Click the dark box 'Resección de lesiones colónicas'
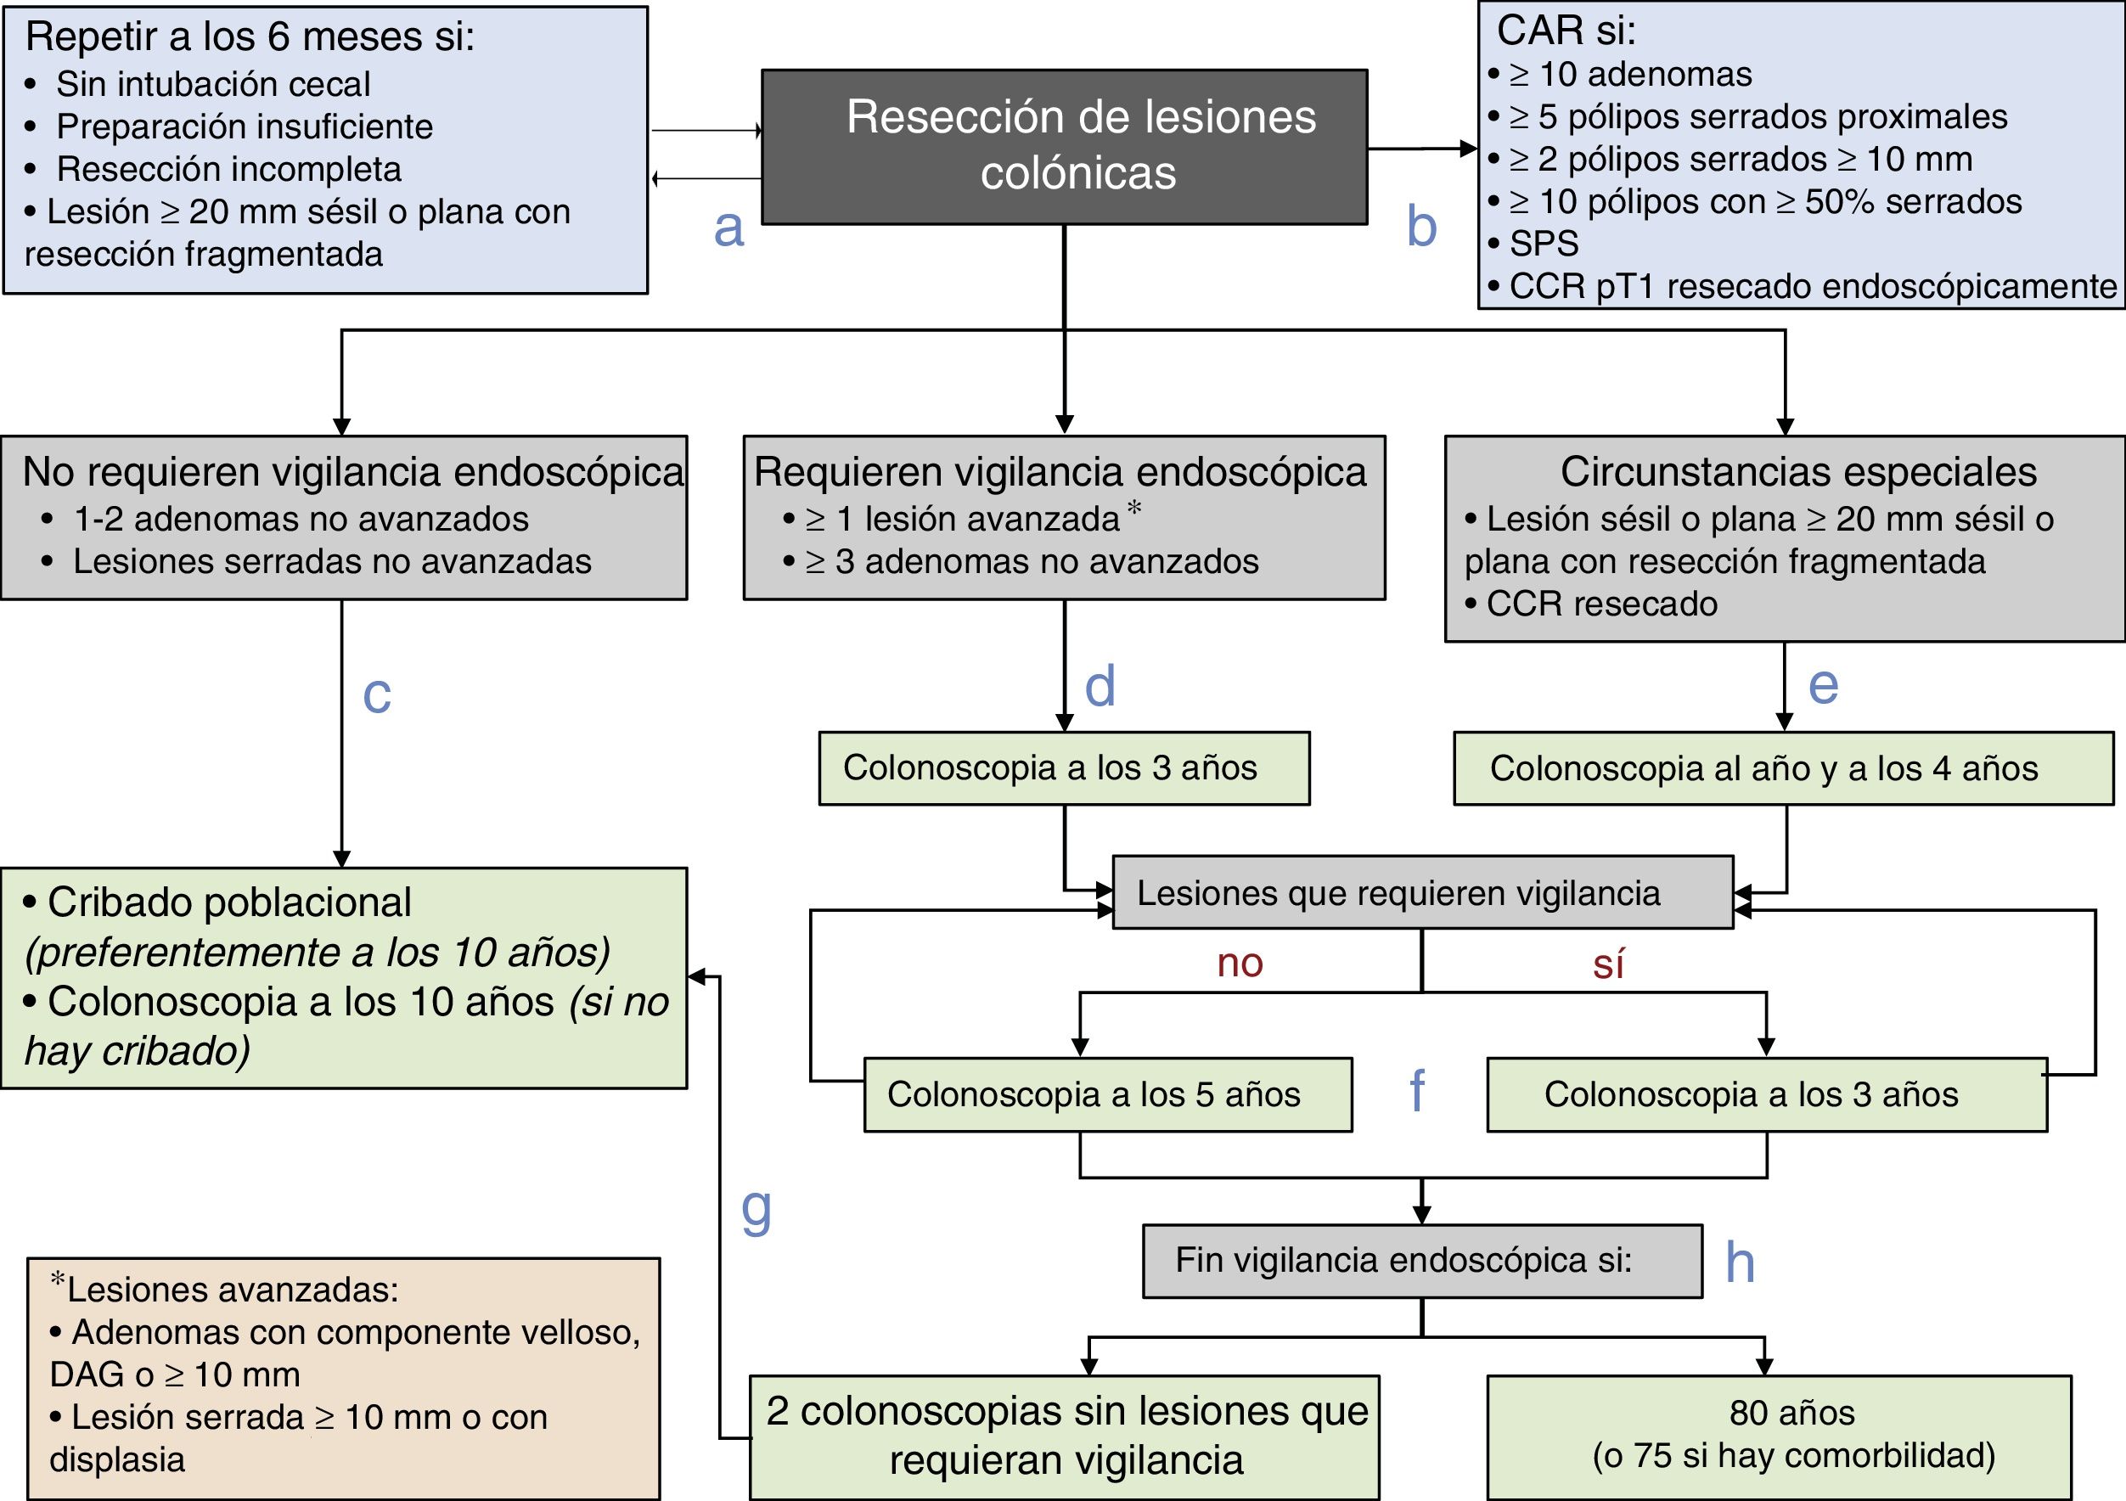(1064, 145)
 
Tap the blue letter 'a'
(728, 228)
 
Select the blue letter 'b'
(1420, 227)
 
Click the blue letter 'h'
(1739, 1262)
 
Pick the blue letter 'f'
(1417, 1092)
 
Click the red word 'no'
(1240, 963)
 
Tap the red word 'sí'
(1608, 964)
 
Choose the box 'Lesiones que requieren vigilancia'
(1421, 892)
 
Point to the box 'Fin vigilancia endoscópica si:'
(1421, 1260)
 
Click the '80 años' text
(1791, 1413)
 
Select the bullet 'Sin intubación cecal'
(213, 84)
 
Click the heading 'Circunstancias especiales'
(1797, 471)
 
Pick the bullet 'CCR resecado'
(1601, 604)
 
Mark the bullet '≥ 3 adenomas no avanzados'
(1031, 561)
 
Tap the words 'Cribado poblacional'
(228, 902)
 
